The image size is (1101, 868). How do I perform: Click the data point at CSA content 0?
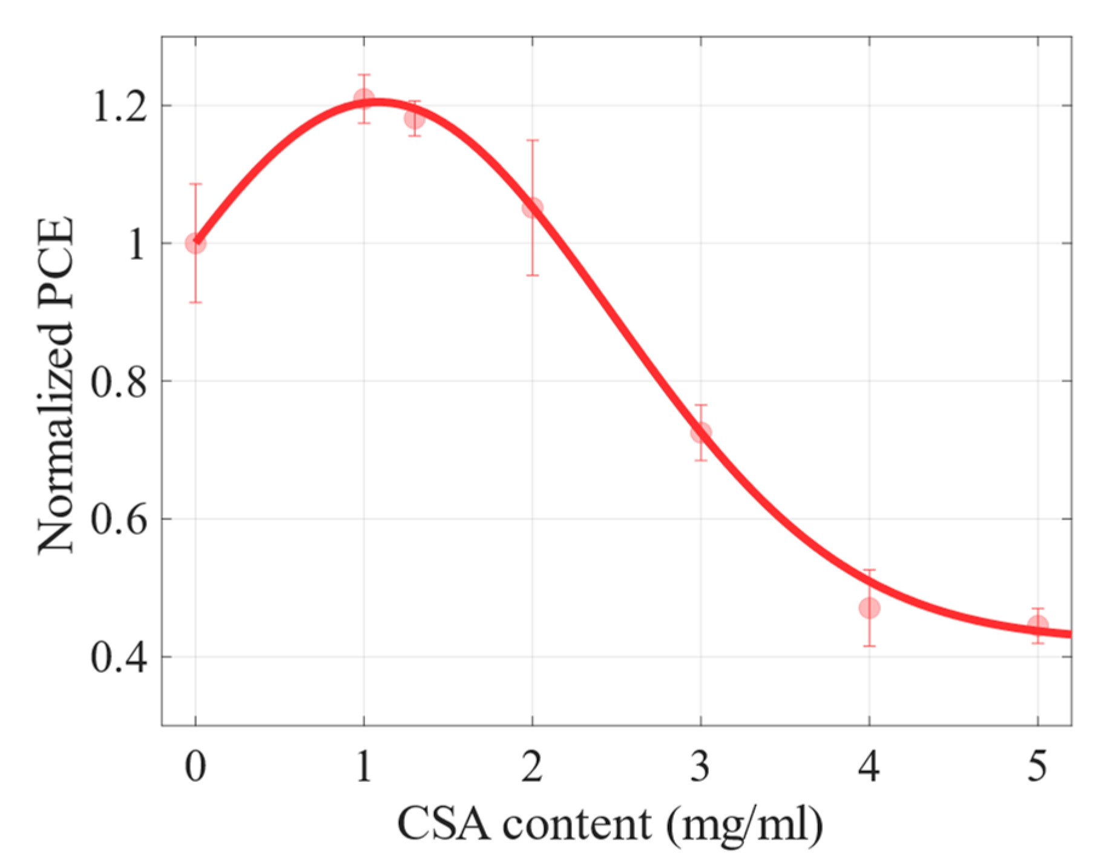[x=195, y=244]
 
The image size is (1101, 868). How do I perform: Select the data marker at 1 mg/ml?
[x=364, y=98]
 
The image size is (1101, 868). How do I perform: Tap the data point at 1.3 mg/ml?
[x=415, y=119]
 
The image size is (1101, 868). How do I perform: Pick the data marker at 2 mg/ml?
[x=533, y=208]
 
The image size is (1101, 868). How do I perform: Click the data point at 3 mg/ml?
[x=701, y=432]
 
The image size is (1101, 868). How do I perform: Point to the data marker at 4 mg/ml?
[x=869, y=608]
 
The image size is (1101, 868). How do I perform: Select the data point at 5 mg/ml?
[x=1038, y=625]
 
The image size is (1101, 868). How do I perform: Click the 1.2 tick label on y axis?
[x=119, y=108]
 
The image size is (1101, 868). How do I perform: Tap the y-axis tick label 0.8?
[x=119, y=383]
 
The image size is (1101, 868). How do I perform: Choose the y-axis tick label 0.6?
[x=119, y=520]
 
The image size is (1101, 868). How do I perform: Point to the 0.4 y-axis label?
[x=119, y=658]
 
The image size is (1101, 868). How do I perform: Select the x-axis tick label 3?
[x=701, y=766]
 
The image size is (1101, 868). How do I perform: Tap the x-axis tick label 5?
[x=1037, y=766]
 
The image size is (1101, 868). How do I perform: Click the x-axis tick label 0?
[x=195, y=766]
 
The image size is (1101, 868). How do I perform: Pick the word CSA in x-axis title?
[x=444, y=824]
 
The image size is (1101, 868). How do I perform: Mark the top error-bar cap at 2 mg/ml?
[x=533, y=141]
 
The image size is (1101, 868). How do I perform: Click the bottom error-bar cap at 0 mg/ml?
[x=195, y=302]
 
